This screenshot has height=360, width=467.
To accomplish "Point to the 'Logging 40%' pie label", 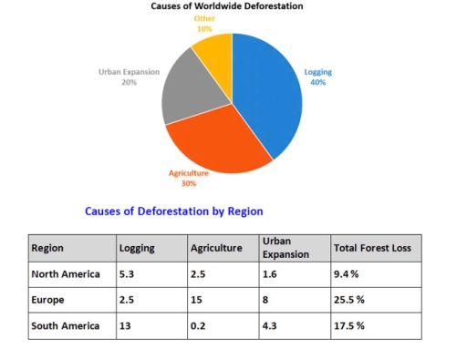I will tap(318, 77).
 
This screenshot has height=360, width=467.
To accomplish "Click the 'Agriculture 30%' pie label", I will tap(189, 177).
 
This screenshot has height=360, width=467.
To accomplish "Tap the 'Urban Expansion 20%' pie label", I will tap(129, 77).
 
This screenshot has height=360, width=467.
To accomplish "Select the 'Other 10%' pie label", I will tap(204, 24).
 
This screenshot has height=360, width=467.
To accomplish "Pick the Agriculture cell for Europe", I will tap(197, 300).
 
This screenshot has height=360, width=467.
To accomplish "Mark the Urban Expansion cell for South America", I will tap(271, 325).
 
